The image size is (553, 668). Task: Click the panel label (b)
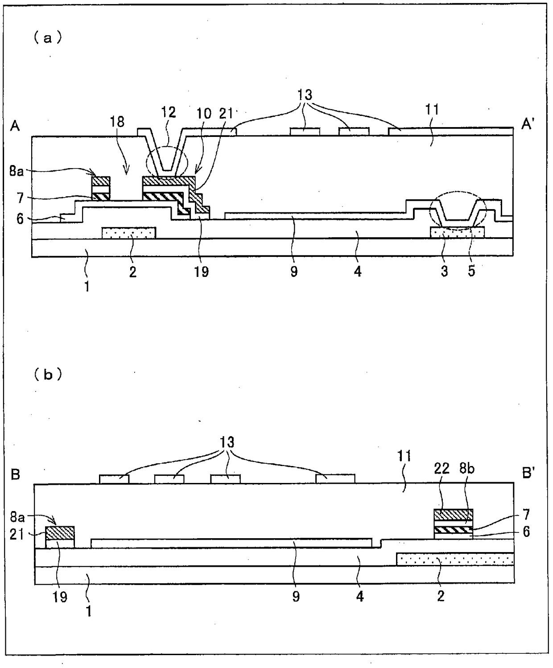click(47, 375)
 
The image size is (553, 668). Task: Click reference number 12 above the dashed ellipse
click(168, 112)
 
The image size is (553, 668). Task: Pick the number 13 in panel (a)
click(305, 95)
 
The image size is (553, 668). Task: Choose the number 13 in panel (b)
click(227, 442)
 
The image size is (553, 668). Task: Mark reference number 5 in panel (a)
click(471, 271)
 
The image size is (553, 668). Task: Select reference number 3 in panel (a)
click(444, 271)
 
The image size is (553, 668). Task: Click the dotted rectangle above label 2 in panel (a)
click(129, 233)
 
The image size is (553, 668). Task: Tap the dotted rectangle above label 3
click(457, 232)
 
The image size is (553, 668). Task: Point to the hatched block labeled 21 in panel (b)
click(60, 533)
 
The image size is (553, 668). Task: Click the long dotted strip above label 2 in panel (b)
click(455, 560)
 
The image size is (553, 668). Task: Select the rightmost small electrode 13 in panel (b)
click(335, 479)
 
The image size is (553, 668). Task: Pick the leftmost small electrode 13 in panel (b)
click(114, 479)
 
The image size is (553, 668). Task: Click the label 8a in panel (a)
click(17, 171)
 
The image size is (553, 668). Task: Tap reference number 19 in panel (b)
click(60, 597)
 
